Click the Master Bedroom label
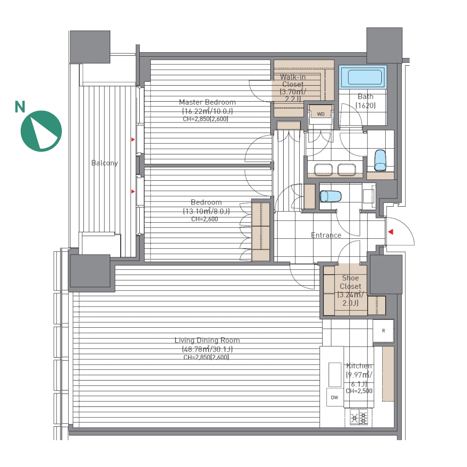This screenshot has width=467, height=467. pyautogui.click(x=207, y=102)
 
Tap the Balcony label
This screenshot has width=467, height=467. pyautogui.click(x=105, y=163)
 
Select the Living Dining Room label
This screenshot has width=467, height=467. pyautogui.click(x=207, y=340)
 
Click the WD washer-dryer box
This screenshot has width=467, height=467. pyautogui.click(x=321, y=114)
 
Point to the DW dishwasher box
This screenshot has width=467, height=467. pyautogui.click(x=335, y=397)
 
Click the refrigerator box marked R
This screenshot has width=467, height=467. pyautogui.click(x=384, y=331)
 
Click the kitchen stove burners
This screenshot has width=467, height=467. pyautogui.click(x=359, y=417)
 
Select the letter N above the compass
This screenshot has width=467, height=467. pyautogui.click(x=20, y=107)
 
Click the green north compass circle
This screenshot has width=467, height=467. pyautogui.click(x=41, y=131)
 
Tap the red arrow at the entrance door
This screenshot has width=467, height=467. pyautogui.click(x=390, y=232)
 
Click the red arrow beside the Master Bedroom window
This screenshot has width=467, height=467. pyautogui.click(x=133, y=139)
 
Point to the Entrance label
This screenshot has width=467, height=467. pyautogui.click(x=326, y=235)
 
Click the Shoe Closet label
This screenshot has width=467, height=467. pyautogui.click(x=350, y=282)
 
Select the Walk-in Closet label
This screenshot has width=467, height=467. pyautogui.click(x=293, y=81)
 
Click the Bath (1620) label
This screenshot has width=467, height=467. pyautogui.click(x=365, y=101)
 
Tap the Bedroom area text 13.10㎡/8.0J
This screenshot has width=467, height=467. pyautogui.click(x=206, y=211)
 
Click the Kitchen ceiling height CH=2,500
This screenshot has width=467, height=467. pyautogui.click(x=359, y=391)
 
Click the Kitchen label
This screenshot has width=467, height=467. pyautogui.click(x=359, y=366)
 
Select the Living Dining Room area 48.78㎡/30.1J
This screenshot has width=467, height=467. pyautogui.click(x=207, y=349)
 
